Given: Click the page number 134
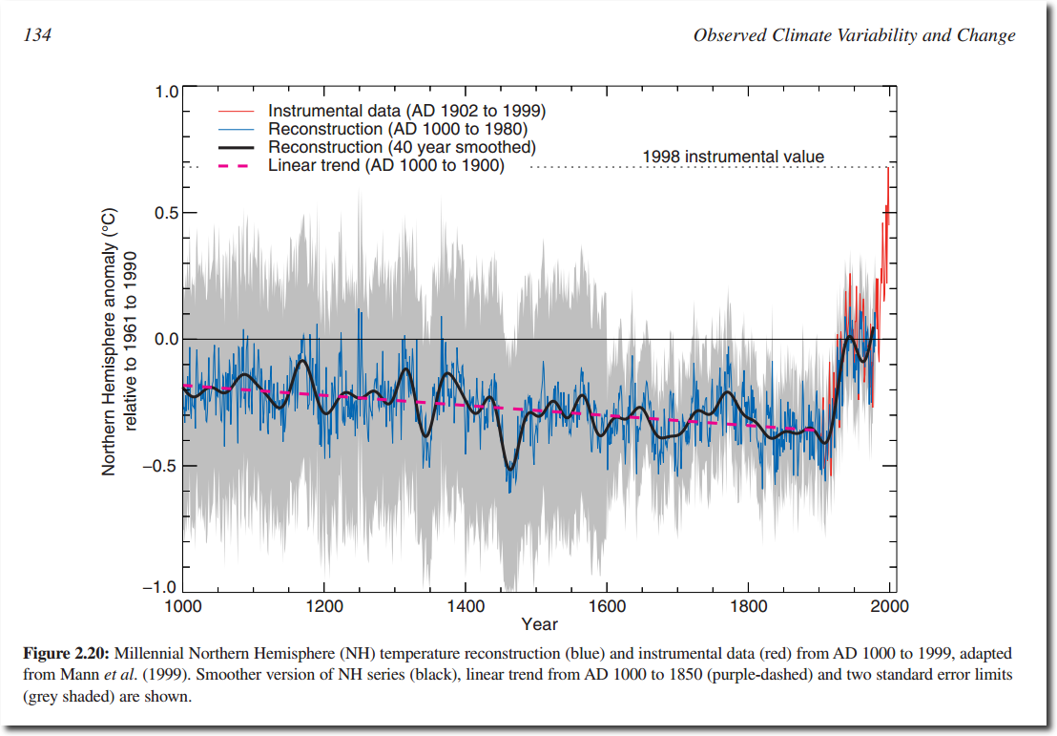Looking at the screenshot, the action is (38, 35).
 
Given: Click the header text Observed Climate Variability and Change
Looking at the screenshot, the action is (854, 35).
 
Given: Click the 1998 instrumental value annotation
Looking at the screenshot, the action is (733, 157).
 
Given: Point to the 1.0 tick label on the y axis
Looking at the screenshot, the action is (167, 92).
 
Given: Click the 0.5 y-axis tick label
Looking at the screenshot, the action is (167, 213).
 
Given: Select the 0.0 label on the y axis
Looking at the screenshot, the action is (167, 339).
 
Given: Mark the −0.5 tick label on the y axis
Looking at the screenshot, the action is (160, 466).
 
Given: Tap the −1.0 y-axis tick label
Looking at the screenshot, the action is (160, 588).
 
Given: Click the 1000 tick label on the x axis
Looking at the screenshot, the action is (183, 606).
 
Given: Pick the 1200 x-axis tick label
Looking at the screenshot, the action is (324, 606).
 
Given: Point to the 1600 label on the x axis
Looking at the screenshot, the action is (608, 606).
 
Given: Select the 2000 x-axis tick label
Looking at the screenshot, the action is (890, 606).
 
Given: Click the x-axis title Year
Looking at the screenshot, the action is (539, 624).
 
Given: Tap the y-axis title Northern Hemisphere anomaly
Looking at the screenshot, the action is (109, 342).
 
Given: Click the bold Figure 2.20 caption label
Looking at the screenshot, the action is (66, 654).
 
